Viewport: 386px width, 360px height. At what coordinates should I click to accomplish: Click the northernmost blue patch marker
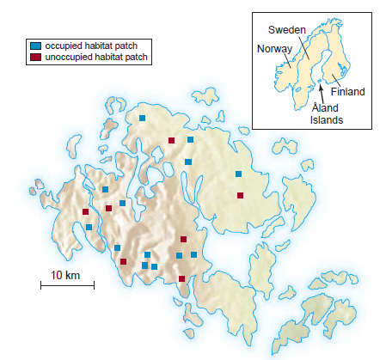pos(143,118)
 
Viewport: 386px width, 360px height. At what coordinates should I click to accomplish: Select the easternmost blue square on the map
pos(239,174)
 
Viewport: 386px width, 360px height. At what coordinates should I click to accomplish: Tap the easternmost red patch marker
pos(240,195)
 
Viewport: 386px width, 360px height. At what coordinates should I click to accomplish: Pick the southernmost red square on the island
pos(181,278)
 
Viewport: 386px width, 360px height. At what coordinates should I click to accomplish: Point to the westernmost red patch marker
pos(85,211)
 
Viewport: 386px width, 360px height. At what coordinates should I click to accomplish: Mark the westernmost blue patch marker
pos(89,227)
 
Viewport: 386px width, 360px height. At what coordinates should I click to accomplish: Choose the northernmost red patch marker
pos(172,140)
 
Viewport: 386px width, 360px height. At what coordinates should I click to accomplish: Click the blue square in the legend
pos(34,46)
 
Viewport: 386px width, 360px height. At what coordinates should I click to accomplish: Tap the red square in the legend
pos(34,57)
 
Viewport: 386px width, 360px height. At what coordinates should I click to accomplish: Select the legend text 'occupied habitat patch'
pos(89,46)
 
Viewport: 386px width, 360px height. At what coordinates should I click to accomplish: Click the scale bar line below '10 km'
pos(65,287)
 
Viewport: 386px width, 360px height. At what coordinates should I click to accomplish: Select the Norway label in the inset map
pos(273,48)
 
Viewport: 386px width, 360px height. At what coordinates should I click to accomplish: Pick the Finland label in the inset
pos(348,91)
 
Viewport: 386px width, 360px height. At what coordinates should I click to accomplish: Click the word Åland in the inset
pos(325,107)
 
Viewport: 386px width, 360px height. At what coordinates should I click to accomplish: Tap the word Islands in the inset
pos(326,120)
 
